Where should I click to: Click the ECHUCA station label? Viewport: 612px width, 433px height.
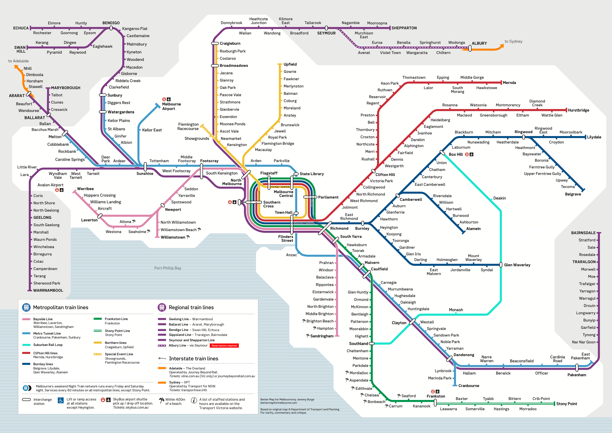point(21,28)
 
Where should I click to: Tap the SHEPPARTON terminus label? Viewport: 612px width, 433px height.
point(404,28)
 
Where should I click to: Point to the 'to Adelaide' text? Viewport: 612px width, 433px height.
point(18,61)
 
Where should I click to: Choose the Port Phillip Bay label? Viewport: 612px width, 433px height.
point(167,268)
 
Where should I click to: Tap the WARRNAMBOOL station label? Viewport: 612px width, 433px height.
point(48,290)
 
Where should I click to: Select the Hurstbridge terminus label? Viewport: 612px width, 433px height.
point(578,110)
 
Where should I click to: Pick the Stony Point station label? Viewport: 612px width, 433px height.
point(566,404)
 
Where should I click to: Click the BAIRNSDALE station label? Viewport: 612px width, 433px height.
point(583,233)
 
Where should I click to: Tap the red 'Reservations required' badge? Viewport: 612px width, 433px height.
point(224,346)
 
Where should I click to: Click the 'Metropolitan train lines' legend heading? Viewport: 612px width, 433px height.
point(61,307)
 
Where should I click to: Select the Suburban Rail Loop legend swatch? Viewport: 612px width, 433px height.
point(26,345)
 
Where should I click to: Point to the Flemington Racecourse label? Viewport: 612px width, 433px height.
point(188,126)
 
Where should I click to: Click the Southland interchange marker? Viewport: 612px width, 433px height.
point(371,343)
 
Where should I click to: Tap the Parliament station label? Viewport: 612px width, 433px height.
point(328,197)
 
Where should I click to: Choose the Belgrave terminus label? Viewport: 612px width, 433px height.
point(573,194)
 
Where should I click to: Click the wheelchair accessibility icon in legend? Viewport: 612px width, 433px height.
point(61,401)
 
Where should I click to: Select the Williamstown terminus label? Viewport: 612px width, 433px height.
point(173,237)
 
